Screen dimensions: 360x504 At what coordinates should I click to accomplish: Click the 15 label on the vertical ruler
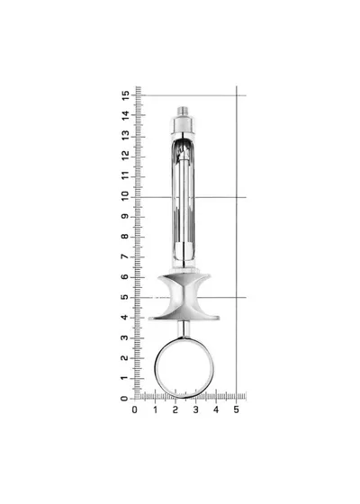[125, 95]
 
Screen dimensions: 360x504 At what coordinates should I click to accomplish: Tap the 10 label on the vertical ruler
[125, 196]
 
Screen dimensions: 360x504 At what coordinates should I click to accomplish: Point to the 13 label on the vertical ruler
[125, 135]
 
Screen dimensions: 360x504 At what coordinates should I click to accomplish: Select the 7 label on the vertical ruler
[125, 256]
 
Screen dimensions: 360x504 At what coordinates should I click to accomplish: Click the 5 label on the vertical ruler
[125, 297]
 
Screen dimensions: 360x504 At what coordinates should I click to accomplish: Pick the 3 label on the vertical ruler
[125, 337]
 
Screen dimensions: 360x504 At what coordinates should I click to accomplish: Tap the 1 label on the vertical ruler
[125, 378]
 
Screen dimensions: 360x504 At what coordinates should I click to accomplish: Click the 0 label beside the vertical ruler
[124, 399]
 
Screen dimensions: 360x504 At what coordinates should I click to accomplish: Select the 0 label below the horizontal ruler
[135, 409]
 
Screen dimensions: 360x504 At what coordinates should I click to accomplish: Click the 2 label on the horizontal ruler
[175, 409]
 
